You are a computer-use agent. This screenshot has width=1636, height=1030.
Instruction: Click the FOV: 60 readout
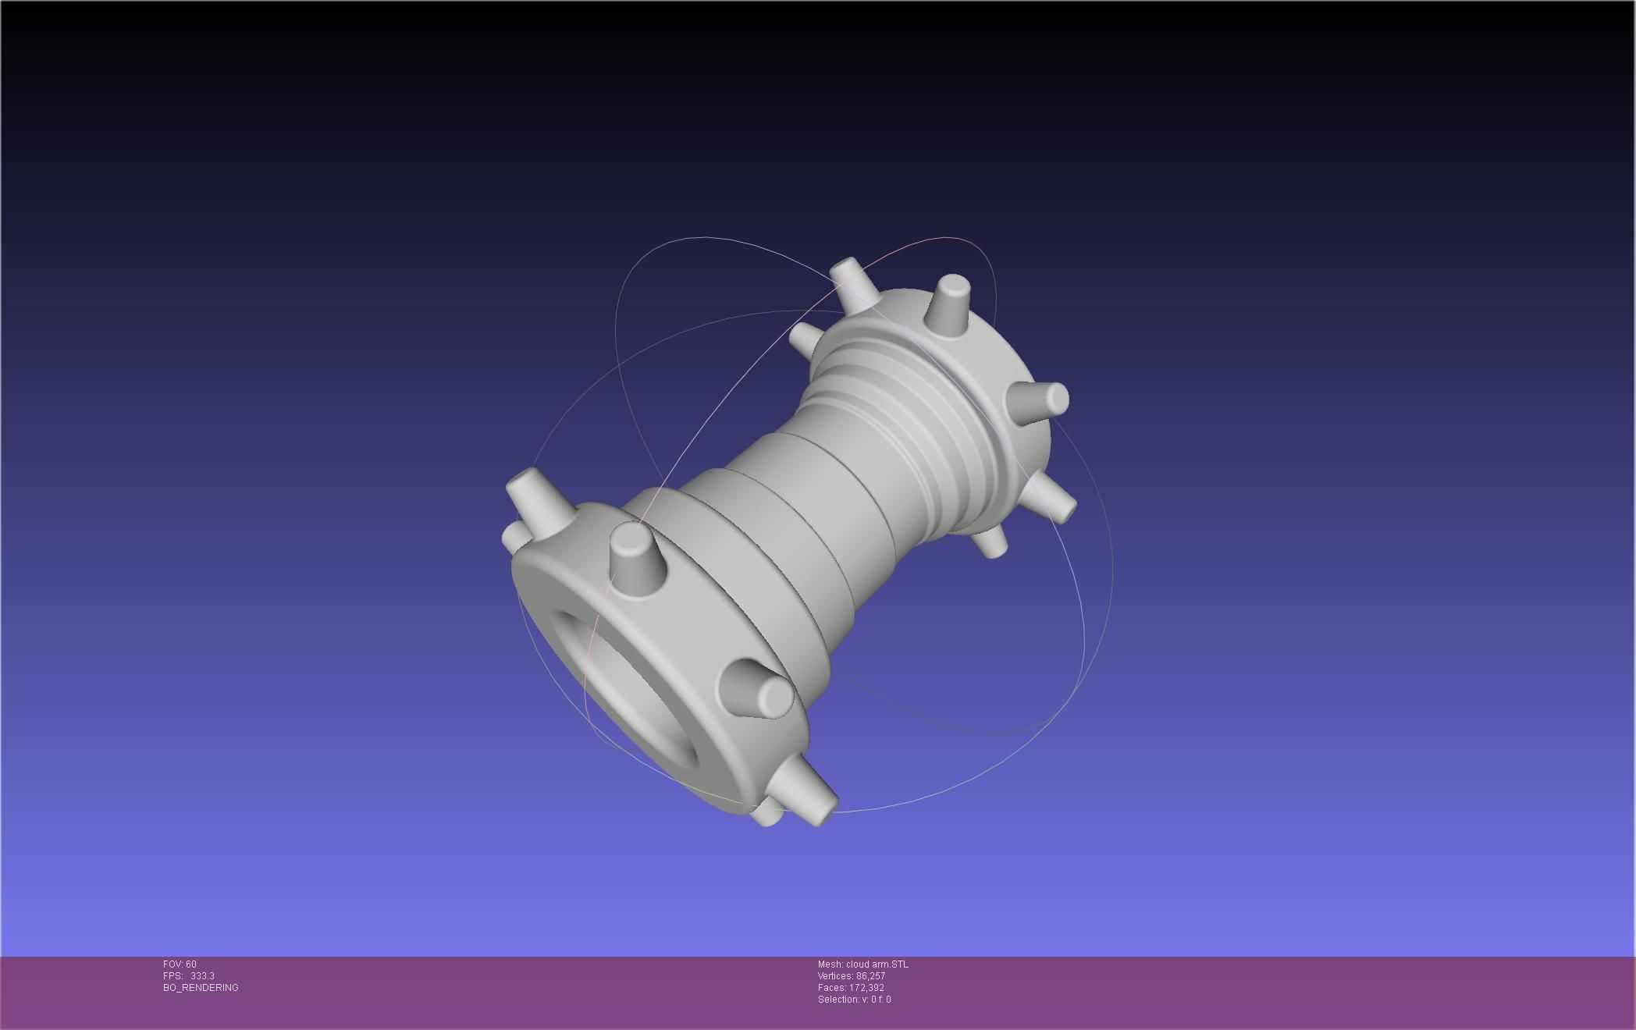[180, 964]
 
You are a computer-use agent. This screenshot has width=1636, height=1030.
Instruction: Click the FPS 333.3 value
[201, 976]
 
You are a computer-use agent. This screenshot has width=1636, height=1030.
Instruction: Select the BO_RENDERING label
[201, 988]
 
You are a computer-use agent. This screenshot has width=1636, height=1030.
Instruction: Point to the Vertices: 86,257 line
[851, 976]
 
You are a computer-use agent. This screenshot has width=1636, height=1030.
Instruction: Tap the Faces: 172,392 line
[851, 988]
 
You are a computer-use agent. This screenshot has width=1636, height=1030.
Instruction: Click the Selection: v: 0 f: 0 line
[854, 1000]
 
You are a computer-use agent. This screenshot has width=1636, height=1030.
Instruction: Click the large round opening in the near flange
[624, 694]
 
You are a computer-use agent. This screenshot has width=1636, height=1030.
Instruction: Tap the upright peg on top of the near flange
[635, 556]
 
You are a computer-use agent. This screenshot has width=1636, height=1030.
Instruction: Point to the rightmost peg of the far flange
[1044, 400]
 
